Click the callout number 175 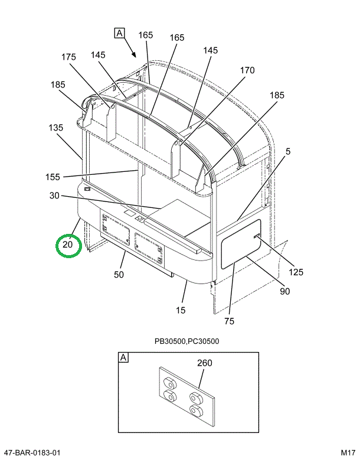tap(68, 57)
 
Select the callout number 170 tap(247, 70)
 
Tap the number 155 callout tap(53, 177)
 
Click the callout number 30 tap(55, 196)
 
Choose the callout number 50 tap(119, 275)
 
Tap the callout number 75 tap(230, 321)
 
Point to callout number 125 tap(296, 272)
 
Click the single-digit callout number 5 tap(287, 152)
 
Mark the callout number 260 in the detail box tap(205, 363)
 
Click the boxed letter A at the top tap(119, 33)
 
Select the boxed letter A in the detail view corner tap(124, 357)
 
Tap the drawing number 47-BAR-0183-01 tap(31, 453)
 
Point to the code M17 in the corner tap(348, 453)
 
